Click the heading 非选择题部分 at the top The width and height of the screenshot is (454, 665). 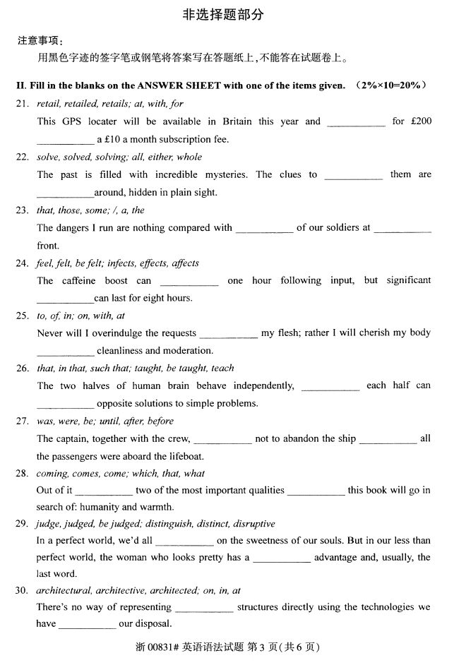coord(227,13)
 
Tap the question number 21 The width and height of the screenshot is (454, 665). coord(22,104)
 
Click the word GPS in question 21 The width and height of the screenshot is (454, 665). coord(72,121)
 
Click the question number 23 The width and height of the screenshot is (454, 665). coord(22,210)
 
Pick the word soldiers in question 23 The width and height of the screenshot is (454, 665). coord(336,227)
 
